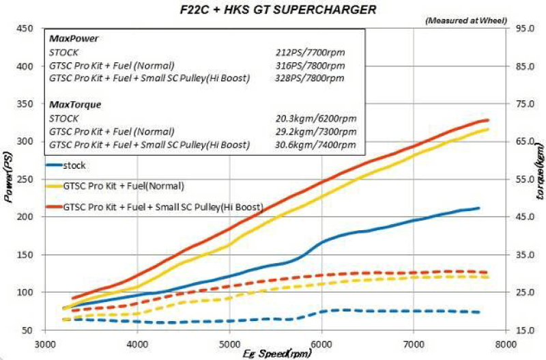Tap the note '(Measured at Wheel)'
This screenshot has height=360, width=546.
click(464, 20)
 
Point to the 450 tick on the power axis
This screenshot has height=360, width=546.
click(25, 29)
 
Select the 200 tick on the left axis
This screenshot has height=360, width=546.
click(25, 217)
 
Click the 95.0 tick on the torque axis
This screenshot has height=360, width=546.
click(523, 29)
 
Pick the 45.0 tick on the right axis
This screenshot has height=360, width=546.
click(523, 217)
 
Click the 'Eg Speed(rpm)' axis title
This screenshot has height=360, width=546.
click(276, 354)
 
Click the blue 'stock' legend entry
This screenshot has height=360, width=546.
click(76, 165)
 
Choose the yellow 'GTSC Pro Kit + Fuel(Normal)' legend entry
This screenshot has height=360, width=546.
click(123, 185)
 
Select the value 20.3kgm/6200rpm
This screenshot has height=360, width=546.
click(311, 118)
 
